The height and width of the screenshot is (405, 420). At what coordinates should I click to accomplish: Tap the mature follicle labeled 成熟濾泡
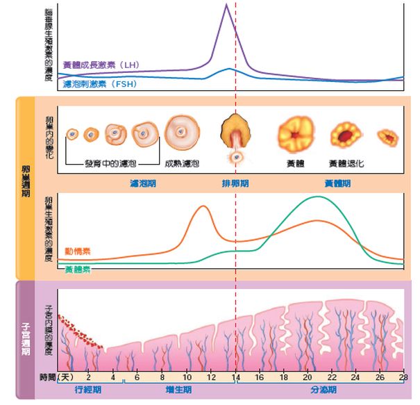tap(183, 131)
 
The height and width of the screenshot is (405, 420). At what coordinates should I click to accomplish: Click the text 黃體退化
tap(346, 164)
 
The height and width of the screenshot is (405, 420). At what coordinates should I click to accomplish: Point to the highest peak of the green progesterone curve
tap(319, 197)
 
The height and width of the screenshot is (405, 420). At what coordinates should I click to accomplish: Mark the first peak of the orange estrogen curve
tap(203, 206)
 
